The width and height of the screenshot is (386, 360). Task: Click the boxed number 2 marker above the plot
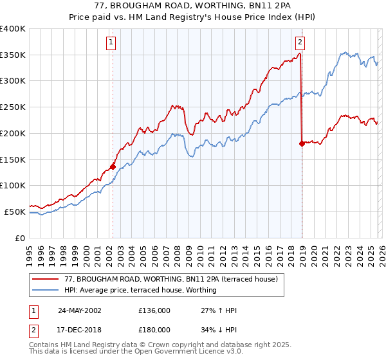click(x=300, y=43)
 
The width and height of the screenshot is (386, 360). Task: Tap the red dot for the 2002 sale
click(x=113, y=166)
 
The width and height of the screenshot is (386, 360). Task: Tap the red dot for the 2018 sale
click(x=302, y=143)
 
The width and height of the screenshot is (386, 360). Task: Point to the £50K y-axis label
click(x=15, y=212)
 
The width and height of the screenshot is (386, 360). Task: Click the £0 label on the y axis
click(x=21, y=238)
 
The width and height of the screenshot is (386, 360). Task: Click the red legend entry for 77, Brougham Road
click(x=170, y=279)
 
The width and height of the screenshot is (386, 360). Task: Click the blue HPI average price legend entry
click(x=140, y=291)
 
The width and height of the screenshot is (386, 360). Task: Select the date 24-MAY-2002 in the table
click(x=79, y=310)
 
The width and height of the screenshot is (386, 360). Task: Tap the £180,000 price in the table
click(x=154, y=330)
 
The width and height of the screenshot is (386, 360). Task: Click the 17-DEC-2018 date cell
click(x=79, y=330)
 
